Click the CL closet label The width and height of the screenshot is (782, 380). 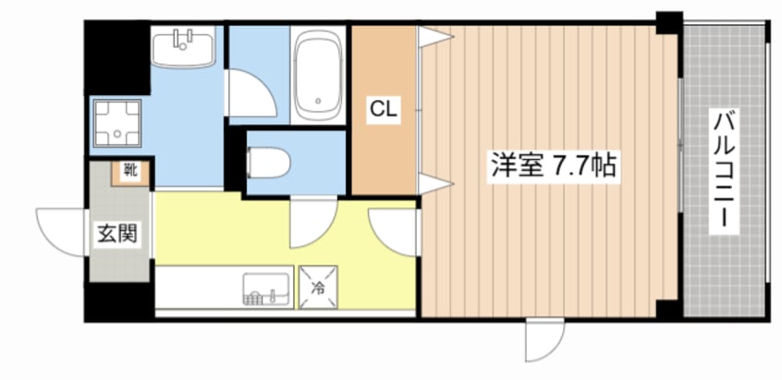coord(384,110)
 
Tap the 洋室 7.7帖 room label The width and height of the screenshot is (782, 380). coord(554,166)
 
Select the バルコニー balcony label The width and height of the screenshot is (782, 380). coord(724,172)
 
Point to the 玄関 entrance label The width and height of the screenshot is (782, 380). coord(116,232)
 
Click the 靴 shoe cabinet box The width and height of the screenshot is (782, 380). coord(130,173)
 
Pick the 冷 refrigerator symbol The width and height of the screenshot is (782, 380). coord(318,288)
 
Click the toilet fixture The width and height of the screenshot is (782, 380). coord(269,163)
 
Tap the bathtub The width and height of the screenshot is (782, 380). coord(318,75)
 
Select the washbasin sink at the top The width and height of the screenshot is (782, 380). coord(183,46)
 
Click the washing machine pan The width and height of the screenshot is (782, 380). coord(117,123)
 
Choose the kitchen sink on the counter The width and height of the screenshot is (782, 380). coord(268,288)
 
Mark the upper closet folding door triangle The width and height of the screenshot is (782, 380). coord(434,36)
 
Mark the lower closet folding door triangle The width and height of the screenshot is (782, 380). coord(434,183)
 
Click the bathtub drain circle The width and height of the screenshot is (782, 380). coord(318,102)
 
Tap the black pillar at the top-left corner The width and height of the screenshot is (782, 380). coord(117,57)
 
